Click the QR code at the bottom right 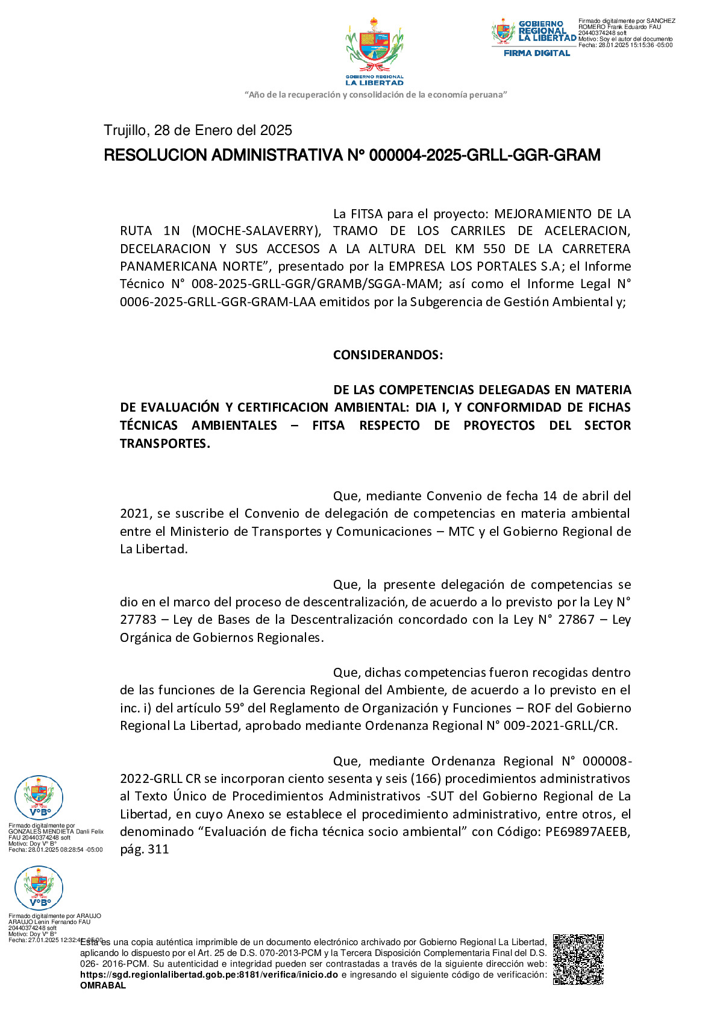(x=578, y=959)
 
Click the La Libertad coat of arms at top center (x=374, y=48)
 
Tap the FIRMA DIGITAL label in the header (x=537, y=53)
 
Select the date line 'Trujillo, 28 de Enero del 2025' (x=198, y=130)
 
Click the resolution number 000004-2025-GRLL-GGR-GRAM (x=484, y=156)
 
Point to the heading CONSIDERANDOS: (x=388, y=354)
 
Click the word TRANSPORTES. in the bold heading (x=165, y=443)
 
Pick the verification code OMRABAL (x=103, y=985)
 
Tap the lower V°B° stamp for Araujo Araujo (x=39, y=888)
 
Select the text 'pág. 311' (x=145, y=849)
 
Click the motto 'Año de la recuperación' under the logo (x=376, y=95)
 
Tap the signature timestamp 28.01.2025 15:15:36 (x=626, y=45)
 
